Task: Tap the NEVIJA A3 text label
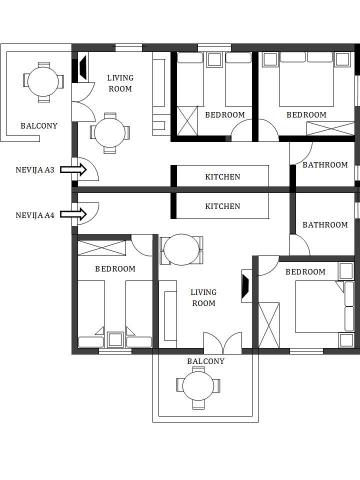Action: pyautogui.click(x=35, y=170)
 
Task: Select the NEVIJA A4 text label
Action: pyautogui.click(x=35, y=215)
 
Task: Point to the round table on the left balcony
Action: pyautogui.click(x=43, y=82)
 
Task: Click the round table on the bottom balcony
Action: pyautogui.click(x=198, y=386)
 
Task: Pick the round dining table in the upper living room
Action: pyautogui.click(x=110, y=133)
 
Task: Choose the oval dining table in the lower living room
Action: pyautogui.click(x=181, y=249)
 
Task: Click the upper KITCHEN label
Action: pyautogui.click(x=223, y=177)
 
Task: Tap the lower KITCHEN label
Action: pyautogui.click(x=223, y=206)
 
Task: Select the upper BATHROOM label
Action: pyautogui.click(x=325, y=165)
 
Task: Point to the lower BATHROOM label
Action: pyautogui.click(x=325, y=225)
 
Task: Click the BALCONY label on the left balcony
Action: pyautogui.click(x=39, y=126)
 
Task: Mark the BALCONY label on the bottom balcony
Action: pyautogui.click(x=206, y=361)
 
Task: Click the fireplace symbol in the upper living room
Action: pyautogui.click(x=82, y=68)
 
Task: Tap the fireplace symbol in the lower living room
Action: pyautogui.click(x=246, y=286)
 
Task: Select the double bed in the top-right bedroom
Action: pyautogui.click(x=306, y=79)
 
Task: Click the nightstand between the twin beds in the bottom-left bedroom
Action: pyautogui.click(x=115, y=339)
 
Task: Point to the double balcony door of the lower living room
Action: pyautogui.click(x=223, y=343)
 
